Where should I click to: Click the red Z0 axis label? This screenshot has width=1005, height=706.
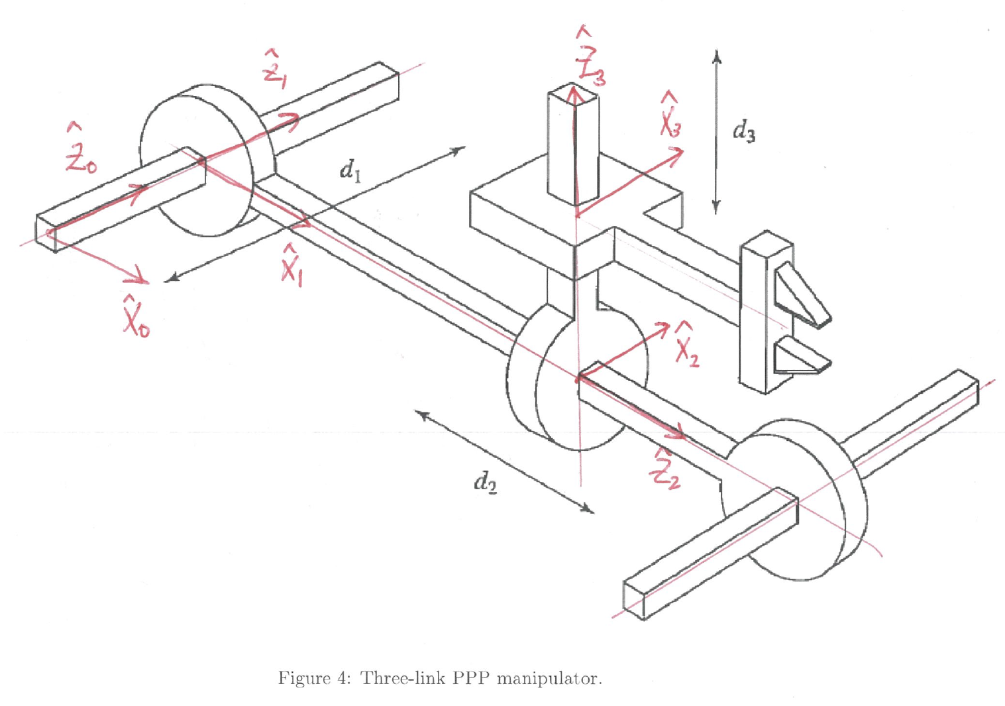(80, 148)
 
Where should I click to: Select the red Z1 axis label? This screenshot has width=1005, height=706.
(274, 70)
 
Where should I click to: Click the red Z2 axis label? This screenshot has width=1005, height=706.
(666, 467)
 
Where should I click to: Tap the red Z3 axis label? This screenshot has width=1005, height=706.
(590, 56)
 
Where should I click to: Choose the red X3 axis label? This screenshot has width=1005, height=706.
(670, 115)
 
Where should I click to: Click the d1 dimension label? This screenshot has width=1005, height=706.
(350, 171)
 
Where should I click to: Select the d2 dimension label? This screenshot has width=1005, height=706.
(486, 483)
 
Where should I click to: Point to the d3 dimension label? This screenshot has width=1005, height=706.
(744, 131)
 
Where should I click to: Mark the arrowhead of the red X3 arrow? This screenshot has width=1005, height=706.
(675, 155)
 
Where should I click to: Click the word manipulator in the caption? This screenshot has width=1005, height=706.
(549, 678)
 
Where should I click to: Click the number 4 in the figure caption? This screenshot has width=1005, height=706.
(342, 677)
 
